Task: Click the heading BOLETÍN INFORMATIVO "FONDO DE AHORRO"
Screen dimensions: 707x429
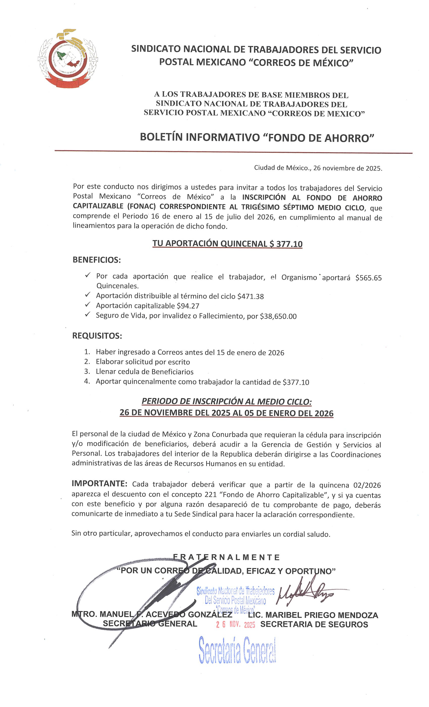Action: [x=257, y=137]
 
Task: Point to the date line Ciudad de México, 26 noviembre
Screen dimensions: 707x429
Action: [x=318, y=168]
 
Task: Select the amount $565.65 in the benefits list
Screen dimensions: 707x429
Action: [x=368, y=278]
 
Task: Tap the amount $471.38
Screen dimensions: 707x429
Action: [x=250, y=296]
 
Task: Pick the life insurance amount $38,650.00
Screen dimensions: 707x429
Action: [x=278, y=316]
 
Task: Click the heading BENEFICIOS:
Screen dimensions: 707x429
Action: [x=97, y=260]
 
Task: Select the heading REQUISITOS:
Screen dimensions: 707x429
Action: [x=97, y=336]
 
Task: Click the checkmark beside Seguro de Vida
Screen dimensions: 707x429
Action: [x=88, y=315]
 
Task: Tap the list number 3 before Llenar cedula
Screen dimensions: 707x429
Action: [x=87, y=372]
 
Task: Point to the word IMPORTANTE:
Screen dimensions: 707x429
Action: [x=99, y=484]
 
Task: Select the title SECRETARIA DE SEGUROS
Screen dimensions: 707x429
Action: [x=314, y=624]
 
